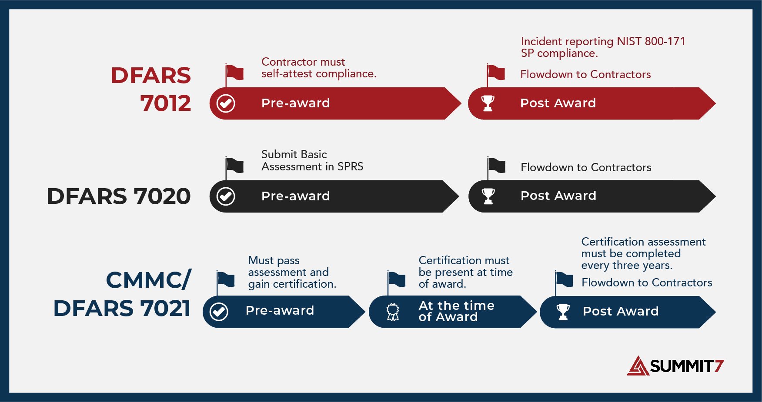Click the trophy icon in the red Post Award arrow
point(488,103)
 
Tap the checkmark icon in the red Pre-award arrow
point(226,103)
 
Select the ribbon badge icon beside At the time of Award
point(393,312)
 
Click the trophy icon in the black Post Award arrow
point(488,196)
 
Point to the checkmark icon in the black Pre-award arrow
point(226,196)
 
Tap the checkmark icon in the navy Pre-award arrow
point(219,312)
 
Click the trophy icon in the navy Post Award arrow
point(563,312)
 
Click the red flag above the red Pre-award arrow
point(235,73)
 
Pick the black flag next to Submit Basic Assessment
point(235,165)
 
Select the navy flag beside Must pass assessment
point(226,279)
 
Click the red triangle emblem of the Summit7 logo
point(638,366)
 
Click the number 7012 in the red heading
point(166,103)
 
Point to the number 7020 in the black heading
point(162,196)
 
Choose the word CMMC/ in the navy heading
point(148,280)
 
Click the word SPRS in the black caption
point(350,166)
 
